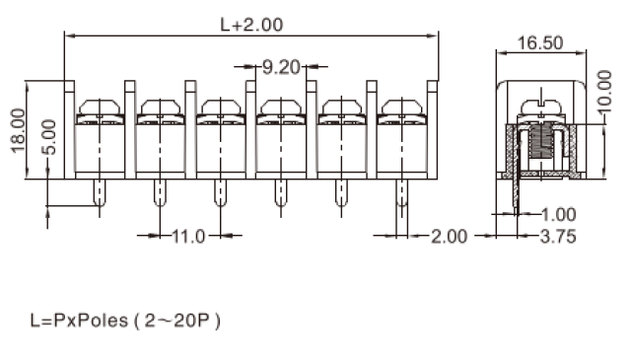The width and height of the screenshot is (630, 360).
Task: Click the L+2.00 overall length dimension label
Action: point(251,25)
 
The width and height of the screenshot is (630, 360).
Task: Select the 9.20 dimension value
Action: point(281,67)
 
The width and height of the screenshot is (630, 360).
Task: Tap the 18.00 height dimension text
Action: point(19,130)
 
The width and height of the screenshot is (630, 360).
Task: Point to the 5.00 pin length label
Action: point(49,137)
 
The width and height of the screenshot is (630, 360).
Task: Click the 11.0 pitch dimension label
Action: point(188,237)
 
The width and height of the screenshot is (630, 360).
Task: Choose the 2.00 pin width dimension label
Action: point(450,237)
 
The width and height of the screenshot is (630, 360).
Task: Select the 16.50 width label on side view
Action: point(540,43)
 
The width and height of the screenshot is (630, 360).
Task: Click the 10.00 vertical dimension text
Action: point(604,92)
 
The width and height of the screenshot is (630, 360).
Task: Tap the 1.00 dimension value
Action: point(558,215)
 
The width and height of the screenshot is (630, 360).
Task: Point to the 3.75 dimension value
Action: point(558,237)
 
